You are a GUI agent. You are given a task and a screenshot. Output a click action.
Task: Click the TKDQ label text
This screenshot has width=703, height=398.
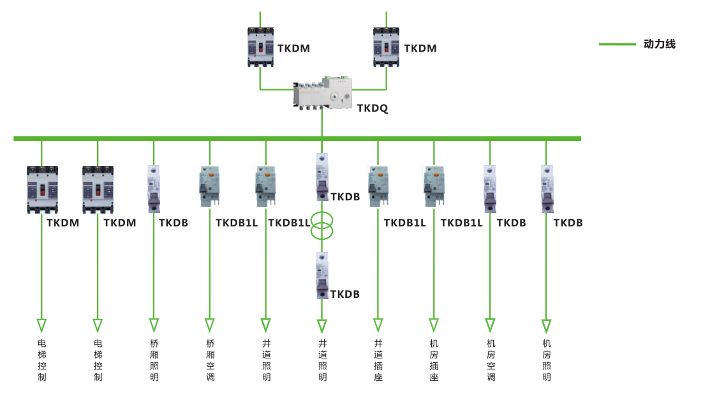(372, 108)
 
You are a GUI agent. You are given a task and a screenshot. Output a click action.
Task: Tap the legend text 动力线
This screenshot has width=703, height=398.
(659, 44)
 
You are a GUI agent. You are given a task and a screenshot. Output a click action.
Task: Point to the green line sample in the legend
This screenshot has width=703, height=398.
(618, 44)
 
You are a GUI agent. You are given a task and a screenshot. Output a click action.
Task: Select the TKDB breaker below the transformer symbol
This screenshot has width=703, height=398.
(322, 276)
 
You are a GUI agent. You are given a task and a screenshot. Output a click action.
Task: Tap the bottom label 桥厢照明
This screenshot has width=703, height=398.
(154, 360)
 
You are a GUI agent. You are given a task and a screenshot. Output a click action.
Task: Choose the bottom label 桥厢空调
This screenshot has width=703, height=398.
(211, 360)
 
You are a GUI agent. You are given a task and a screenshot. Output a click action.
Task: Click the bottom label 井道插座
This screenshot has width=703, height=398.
(378, 360)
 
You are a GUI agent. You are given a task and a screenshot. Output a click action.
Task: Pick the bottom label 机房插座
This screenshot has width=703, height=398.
(434, 360)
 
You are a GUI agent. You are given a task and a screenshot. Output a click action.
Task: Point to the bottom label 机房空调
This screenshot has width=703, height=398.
(491, 360)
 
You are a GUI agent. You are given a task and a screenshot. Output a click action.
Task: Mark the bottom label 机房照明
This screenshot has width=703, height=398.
(547, 360)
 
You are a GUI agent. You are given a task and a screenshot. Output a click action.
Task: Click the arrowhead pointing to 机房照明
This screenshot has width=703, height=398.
(547, 325)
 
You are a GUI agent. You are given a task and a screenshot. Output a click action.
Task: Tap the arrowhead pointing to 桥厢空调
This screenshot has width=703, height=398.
(210, 325)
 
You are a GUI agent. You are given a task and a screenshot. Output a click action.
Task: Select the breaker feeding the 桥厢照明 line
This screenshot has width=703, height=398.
(154, 188)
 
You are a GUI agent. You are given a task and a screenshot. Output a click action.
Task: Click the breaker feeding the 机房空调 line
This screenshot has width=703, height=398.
(490, 188)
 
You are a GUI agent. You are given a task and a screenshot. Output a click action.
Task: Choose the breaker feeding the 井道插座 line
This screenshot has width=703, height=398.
(378, 186)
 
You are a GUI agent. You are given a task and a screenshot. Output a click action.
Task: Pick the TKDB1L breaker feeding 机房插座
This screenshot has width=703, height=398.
(434, 186)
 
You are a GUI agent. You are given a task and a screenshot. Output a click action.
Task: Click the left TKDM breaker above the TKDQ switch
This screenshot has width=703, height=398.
(260, 47)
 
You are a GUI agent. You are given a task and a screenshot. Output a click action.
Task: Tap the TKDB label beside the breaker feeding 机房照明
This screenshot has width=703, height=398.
(568, 223)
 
